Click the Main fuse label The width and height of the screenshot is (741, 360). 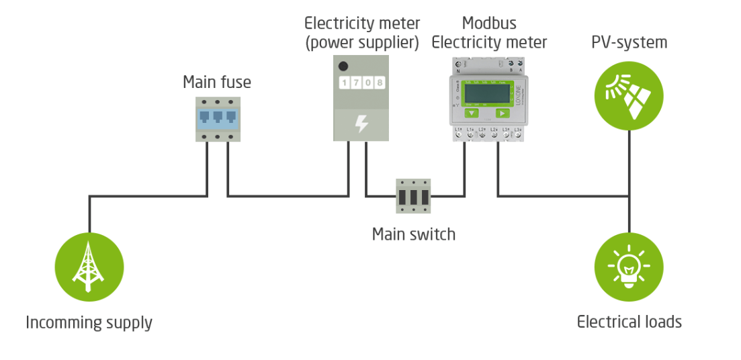click(x=217, y=83)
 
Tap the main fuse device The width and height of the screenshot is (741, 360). click(x=218, y=119)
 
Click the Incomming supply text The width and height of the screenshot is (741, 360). click(x=89, y=322)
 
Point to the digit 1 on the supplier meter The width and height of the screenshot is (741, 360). click(x=344, y=83)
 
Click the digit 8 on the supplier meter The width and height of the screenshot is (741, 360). click(x=380, y=83)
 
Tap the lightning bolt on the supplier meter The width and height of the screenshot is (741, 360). click(x=361, y=124)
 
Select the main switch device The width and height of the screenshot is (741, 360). click(x=413, y=195)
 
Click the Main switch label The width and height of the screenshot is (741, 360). click(x=413, y=234)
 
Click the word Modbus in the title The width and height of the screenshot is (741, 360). click(x=489, y=24)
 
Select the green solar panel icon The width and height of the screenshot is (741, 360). click(x=629, y=95)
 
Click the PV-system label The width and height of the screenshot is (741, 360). click(x=629, y=43)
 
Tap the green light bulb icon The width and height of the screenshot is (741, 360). click(x=629, y=268)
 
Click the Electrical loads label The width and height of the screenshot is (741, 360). click(x=629, y=322)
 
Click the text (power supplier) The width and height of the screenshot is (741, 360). click(x=361, y=43)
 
